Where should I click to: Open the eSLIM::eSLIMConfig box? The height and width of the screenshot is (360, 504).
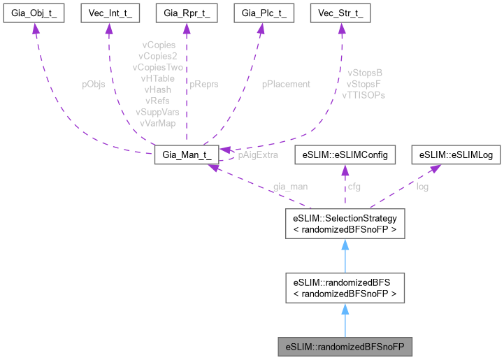(x=344, y=154)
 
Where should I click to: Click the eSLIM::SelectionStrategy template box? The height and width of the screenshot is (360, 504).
(x=344, y=223)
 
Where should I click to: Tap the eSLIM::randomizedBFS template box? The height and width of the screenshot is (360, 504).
(x=344, y=288)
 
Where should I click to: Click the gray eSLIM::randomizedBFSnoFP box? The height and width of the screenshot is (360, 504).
(x=344, y=346)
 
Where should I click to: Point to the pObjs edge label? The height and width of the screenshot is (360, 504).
(x=94, y=84)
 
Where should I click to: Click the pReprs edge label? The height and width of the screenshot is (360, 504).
(x=204, y=84)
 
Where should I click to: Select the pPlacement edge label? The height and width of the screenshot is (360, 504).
(x=286, y=84)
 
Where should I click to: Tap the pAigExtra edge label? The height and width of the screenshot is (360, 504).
(x=254, y=155)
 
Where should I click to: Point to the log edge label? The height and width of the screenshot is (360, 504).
(x=422, y=187)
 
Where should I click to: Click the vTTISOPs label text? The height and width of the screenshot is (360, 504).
(x=366, y=94)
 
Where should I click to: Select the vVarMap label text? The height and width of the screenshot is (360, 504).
(x=157, y=123)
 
